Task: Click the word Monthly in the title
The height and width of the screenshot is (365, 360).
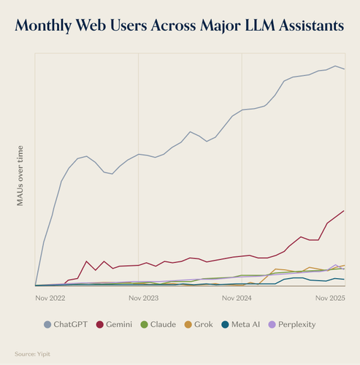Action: (43, 26)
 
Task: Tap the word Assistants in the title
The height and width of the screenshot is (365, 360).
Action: (312, 26)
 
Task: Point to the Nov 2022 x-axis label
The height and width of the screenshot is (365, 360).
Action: (50, 298)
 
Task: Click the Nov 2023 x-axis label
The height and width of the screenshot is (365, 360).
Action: (144, 298)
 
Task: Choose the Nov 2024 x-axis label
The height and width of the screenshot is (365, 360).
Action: (237, 298)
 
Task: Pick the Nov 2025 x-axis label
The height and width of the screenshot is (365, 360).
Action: (330, 298)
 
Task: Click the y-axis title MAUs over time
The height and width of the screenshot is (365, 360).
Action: (20, 176)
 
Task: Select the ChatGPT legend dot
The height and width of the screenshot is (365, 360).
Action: (47, 325)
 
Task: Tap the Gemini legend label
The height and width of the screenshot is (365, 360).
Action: (119, 324)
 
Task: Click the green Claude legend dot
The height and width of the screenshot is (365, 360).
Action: (145, 325)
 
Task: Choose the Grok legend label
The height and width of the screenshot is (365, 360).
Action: (204, 324)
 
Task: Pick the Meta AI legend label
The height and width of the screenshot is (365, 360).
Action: (245, 324)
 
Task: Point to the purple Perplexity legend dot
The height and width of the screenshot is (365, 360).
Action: (272, 325)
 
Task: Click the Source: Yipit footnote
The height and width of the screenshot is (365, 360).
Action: (32, 354)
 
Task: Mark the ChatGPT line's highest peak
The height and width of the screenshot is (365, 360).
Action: (335, 66)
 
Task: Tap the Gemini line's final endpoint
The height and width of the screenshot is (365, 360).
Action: (344, 211)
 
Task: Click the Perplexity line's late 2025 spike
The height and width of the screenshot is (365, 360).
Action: (336, 264)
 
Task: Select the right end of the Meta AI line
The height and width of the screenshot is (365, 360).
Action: (344, 280)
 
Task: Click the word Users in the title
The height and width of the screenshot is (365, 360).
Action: (129, 26)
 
